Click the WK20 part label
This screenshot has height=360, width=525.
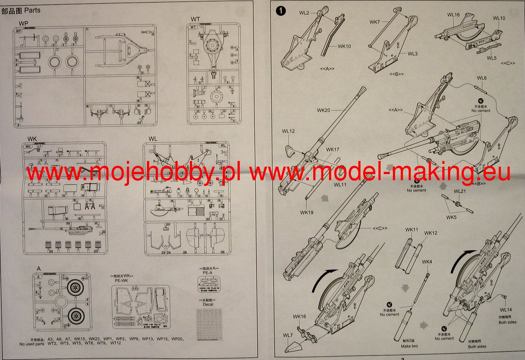(324, 110)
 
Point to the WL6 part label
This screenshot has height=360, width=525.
(482, 78)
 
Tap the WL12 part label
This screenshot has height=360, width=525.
(288, 131)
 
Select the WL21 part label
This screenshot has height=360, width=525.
(459, 192)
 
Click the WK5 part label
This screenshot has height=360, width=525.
(451, 217)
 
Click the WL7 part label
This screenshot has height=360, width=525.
(287, 336)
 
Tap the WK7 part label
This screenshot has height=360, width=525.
(375, 21)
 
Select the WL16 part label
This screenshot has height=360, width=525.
(453, 15)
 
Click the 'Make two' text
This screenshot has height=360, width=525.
(409, 346)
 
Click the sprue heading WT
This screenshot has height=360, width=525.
(195, 18)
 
